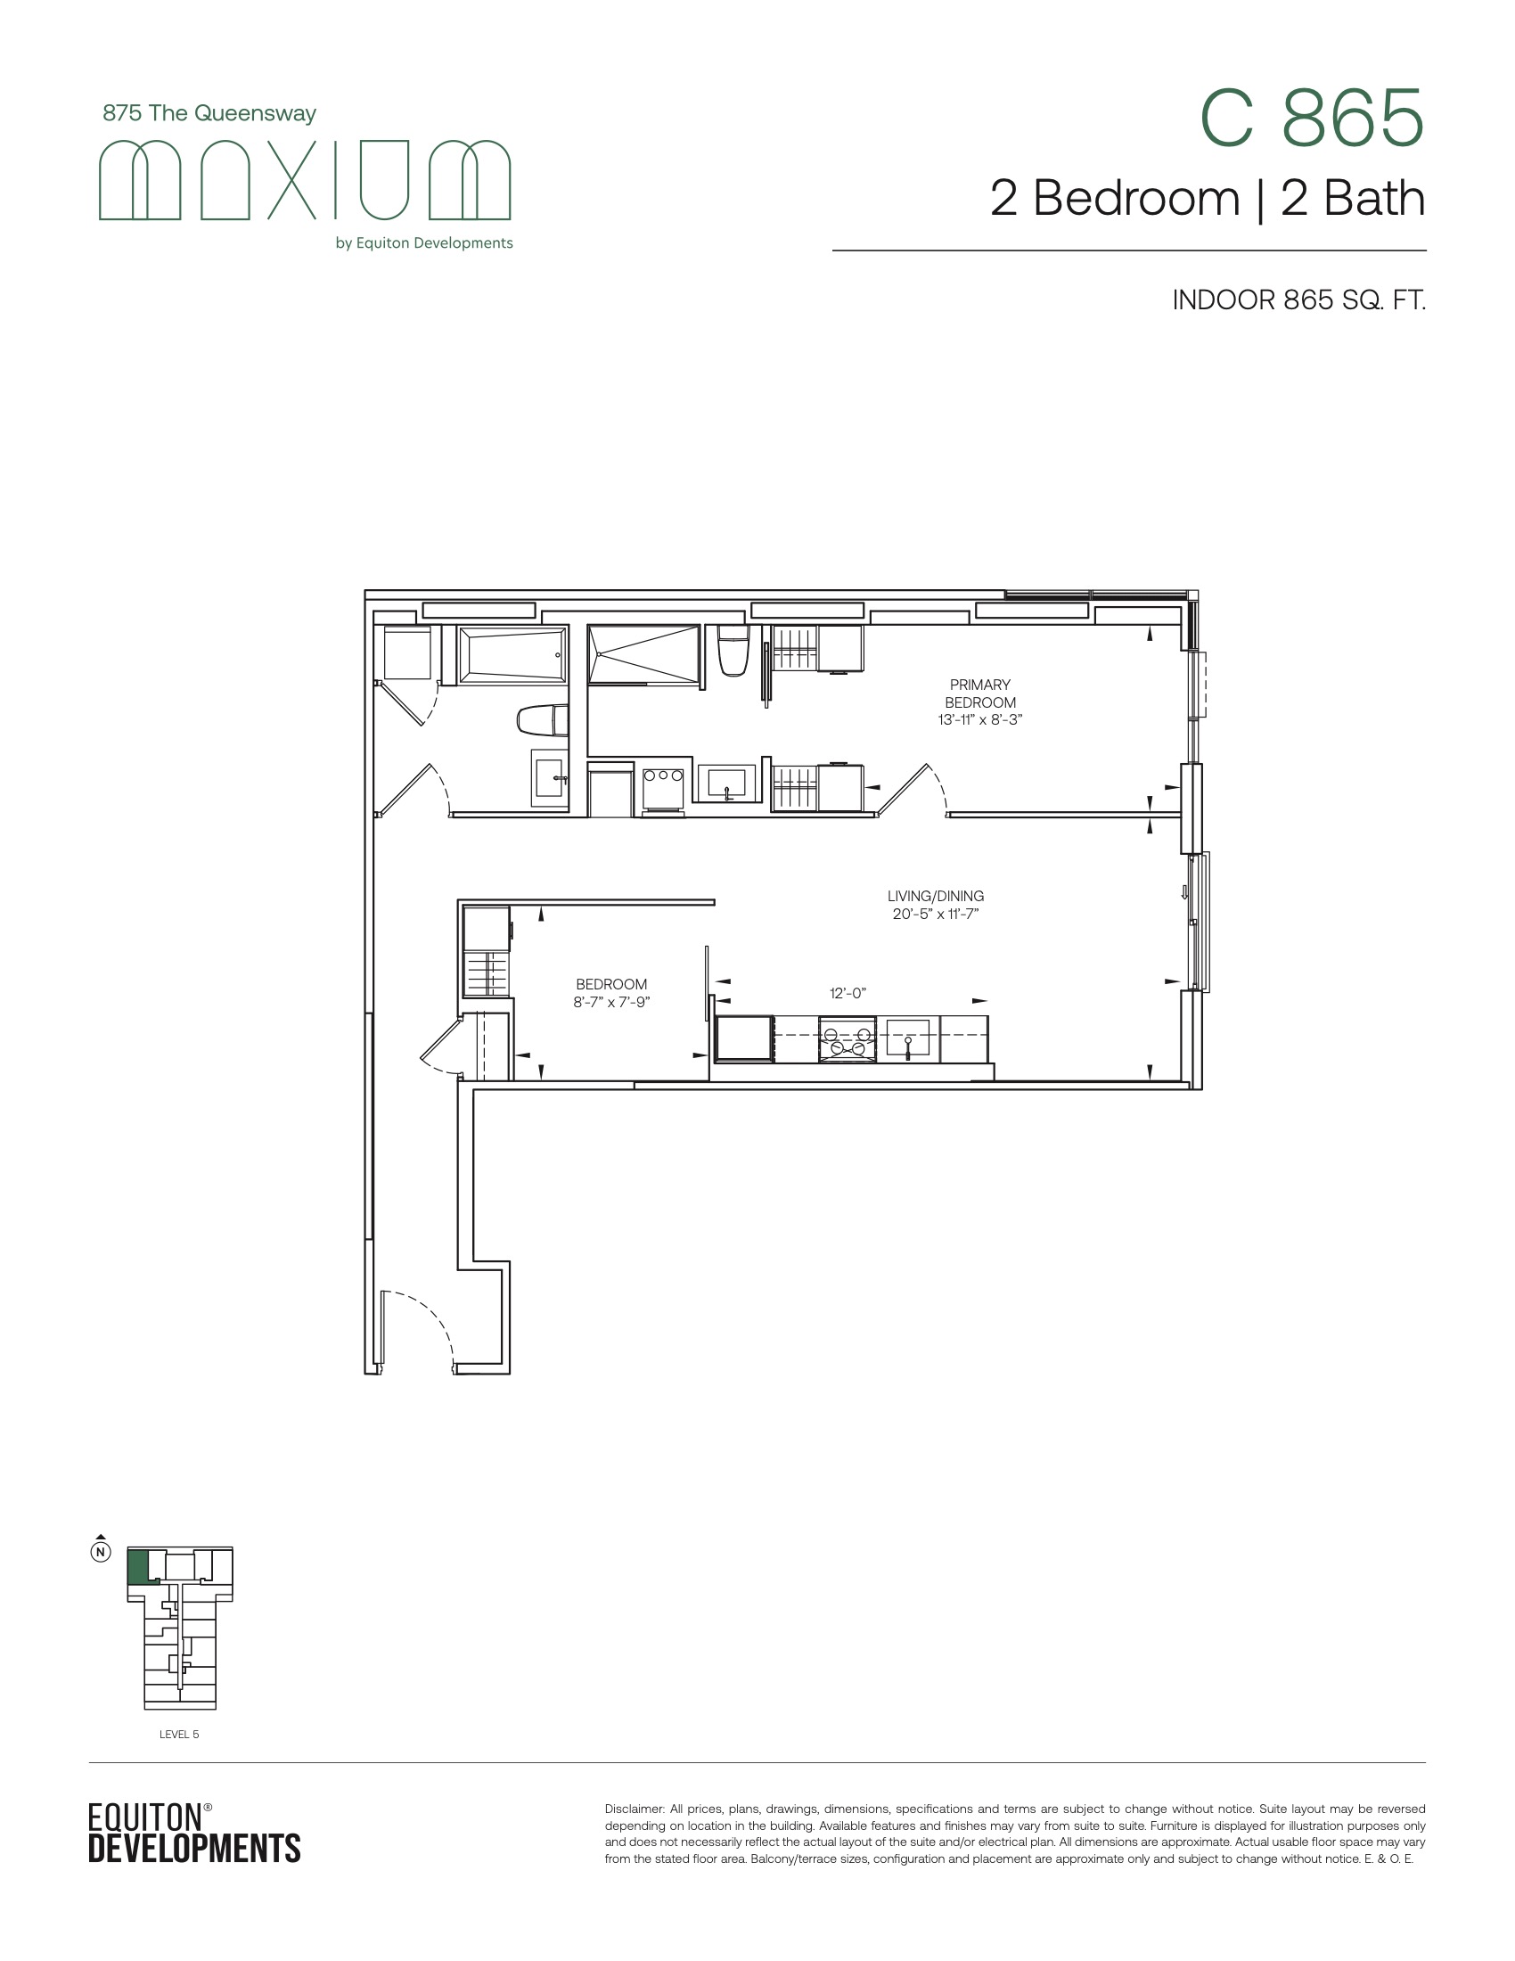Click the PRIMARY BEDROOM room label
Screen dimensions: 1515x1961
[x=980, y=693]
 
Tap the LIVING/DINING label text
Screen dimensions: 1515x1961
[x=935, y=896]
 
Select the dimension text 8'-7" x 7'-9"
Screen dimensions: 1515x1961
[x=611, y=1002]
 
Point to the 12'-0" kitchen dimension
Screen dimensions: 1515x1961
[x=848, y=993]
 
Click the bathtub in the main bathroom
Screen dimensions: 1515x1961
[x=512, y=654]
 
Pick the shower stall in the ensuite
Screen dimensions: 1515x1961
[x=643, y=654]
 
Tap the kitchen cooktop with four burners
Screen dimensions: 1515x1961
[x=847, y=1039]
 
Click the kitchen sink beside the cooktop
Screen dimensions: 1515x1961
[x=907, y=1038]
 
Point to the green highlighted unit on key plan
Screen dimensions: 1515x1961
[x=137, y=1567]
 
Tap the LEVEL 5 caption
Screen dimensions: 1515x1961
[x=179, y=1734]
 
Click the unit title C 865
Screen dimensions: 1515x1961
[x=1312, y=119]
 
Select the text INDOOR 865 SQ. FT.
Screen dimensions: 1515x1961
[x=1298, y=299]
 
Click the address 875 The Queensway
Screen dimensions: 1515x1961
[x=209, y=113]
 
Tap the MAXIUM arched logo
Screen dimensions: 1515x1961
[x=304, y=179]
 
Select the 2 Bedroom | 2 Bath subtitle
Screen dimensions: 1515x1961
[x=1208, y=199]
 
